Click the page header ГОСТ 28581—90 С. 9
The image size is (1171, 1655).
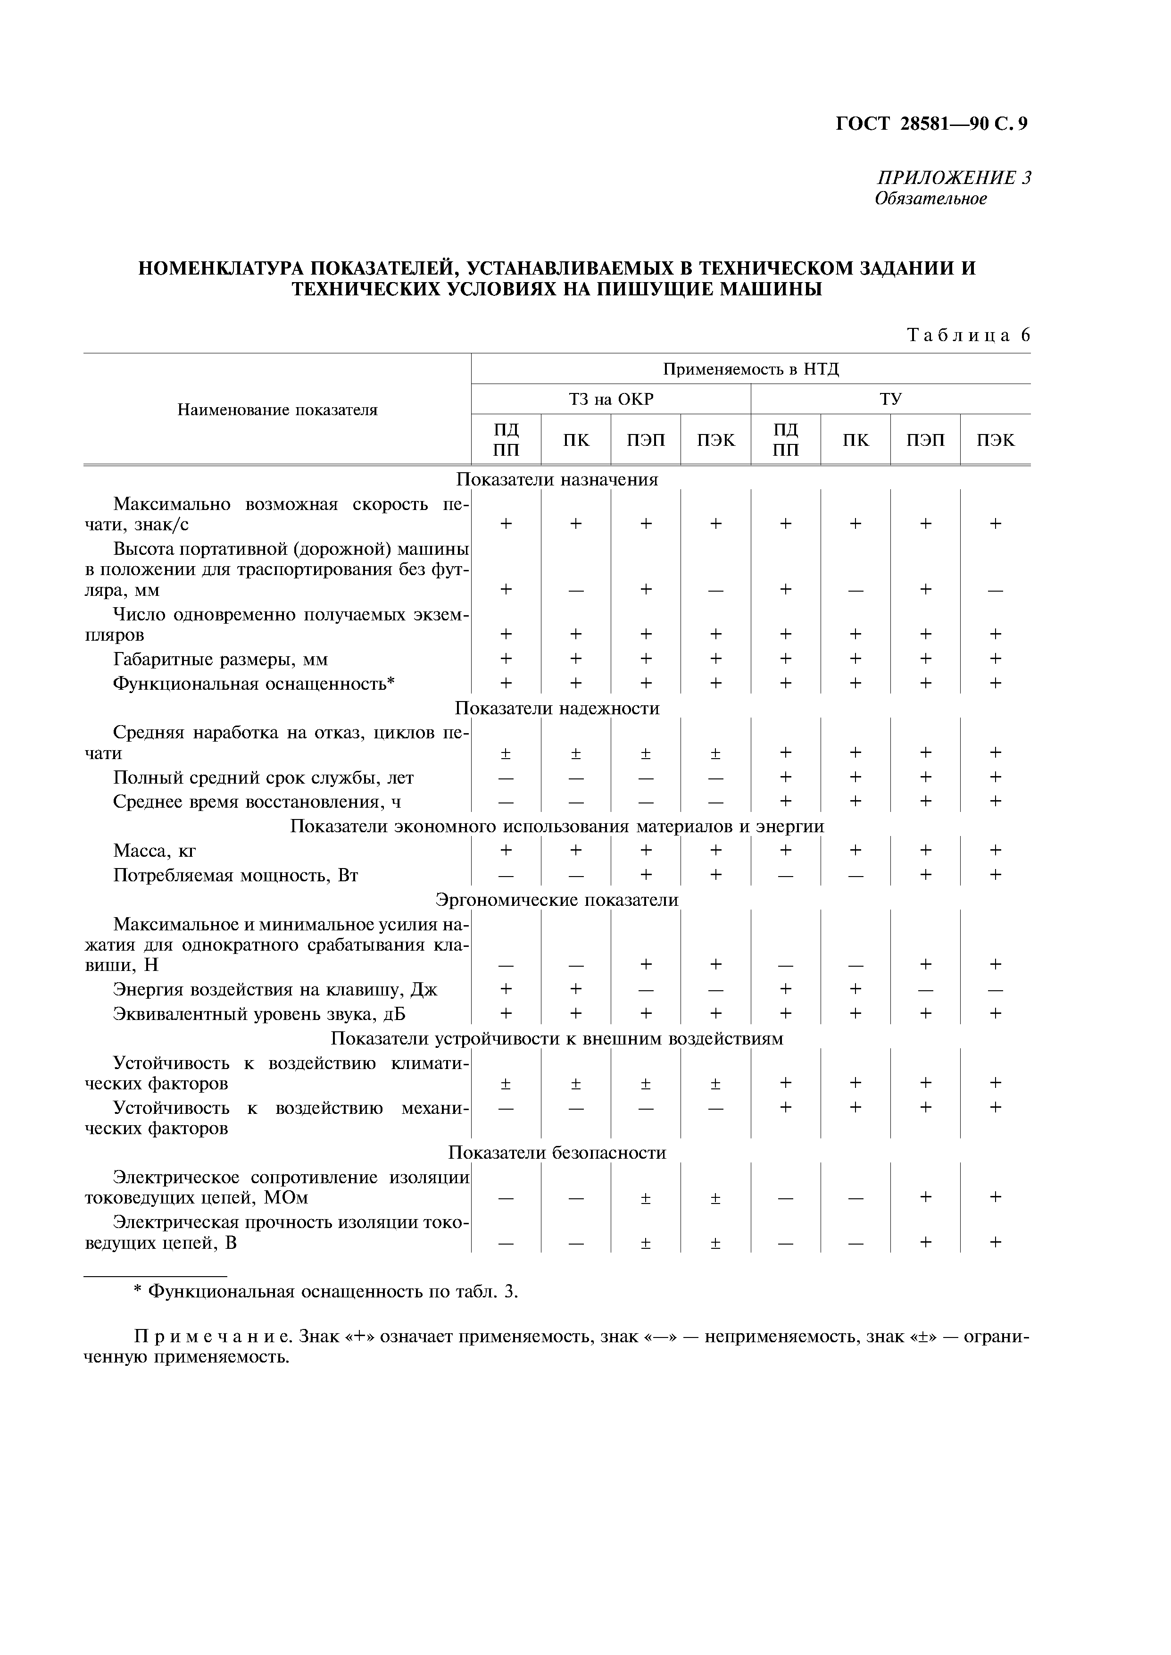click(x=931, y=124)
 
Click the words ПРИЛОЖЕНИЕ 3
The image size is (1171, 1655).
click(x=953, y=177)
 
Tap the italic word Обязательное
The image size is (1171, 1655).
click(x=930, y=198)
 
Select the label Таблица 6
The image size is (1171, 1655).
click(x=968, y=335)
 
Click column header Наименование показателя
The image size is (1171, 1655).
click(x=278, y=410)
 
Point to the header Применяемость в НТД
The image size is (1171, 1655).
click(x=751, y=369)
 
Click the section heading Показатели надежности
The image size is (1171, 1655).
click(x=557, y=708)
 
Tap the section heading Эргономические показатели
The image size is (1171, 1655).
click(x=557, y=900)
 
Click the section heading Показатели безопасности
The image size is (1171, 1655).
click(x=557, y=1153)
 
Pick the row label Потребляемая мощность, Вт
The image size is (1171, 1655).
click(x=236, y=876)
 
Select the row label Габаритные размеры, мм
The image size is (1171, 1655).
click(x=221, y=659)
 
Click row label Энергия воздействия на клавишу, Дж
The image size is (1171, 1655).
click(x=275, y=989)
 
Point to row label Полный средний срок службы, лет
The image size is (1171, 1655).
click(x=263, y=777)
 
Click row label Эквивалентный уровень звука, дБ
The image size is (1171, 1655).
click(x=259, y=1014)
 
